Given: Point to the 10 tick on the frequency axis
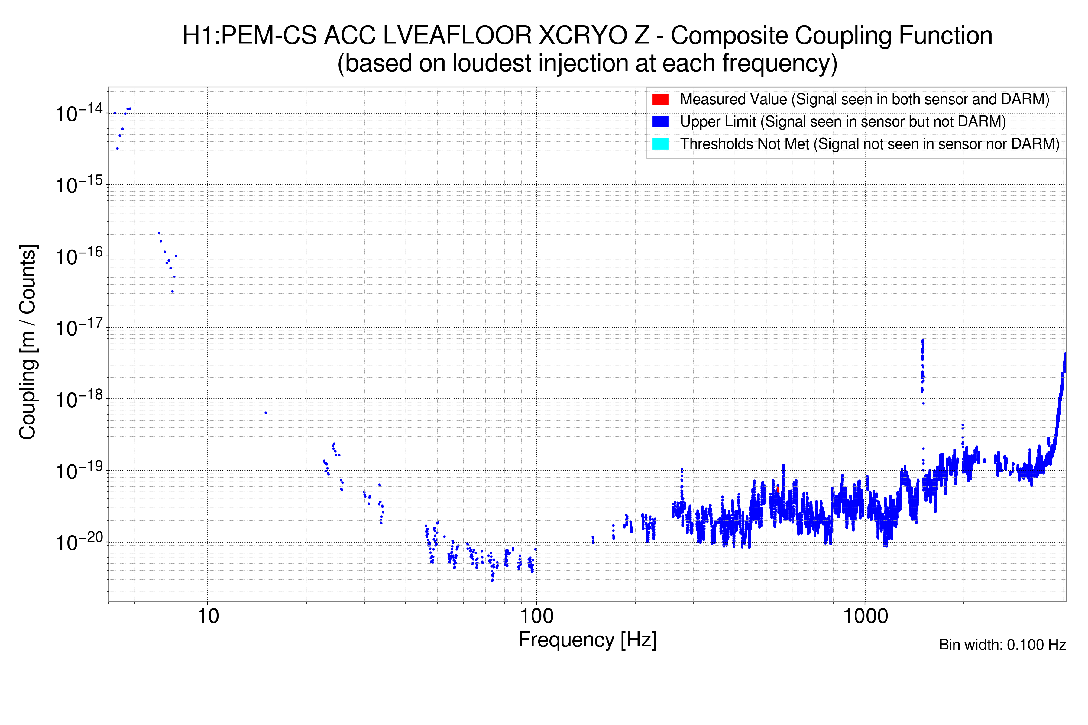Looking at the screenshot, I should coord(208,616).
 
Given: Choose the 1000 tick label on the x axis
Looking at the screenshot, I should coord(865,616).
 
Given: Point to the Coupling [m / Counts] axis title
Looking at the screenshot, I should coord(28,342).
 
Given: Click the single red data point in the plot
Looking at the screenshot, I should coord(778,489).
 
